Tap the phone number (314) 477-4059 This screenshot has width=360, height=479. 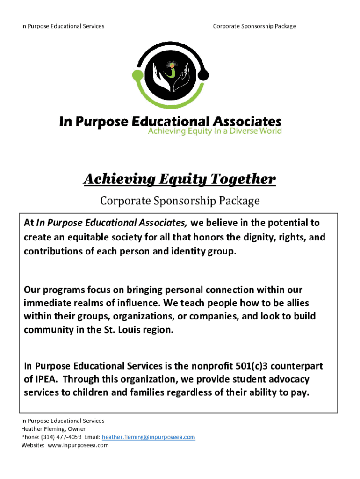tap(61, 437)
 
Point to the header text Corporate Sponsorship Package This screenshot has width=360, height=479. tap(254, 26)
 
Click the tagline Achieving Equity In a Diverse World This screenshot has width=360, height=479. tap(215, 131)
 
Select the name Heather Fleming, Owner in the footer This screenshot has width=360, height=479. tap(53, 428)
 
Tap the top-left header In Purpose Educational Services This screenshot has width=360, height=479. tap(63, 26)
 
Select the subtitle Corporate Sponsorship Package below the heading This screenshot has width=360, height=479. tap(180, 202)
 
